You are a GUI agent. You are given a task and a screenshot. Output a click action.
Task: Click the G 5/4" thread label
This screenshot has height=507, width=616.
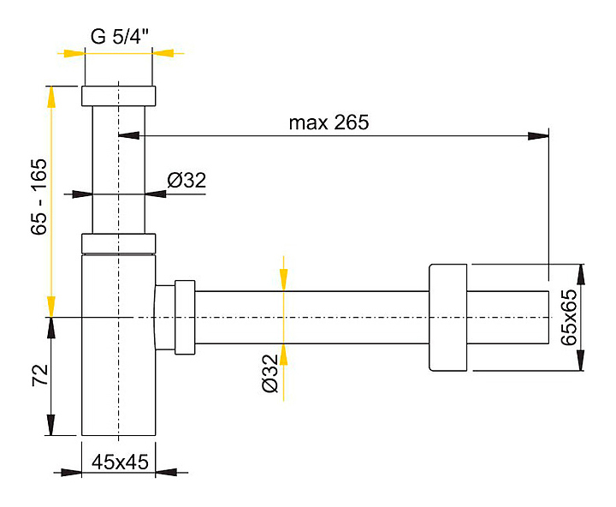click(x=120, y=37)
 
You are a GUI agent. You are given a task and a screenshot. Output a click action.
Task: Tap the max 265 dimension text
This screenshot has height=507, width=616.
click(x=329, y=122)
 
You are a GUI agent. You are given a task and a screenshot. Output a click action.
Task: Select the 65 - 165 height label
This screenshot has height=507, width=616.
click(x=39, y=197)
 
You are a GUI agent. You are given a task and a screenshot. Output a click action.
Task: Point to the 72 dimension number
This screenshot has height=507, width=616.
click(x=39, y=375)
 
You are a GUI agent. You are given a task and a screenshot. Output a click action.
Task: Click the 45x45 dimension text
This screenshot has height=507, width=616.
click(x=121, y=462)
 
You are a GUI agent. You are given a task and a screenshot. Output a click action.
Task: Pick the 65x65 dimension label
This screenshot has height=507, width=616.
click(x=568, y=318)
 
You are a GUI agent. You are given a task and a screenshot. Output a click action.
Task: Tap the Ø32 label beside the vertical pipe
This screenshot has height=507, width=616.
click(x=187, y=181)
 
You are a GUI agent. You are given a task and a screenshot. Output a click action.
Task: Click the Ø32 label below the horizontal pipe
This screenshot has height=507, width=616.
click(x=269, y=373)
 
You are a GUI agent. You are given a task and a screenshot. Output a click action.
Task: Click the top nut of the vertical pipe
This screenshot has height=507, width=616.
click(x=119, y=96)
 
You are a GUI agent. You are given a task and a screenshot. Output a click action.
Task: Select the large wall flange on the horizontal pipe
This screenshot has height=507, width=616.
click(x=447, y=318)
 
